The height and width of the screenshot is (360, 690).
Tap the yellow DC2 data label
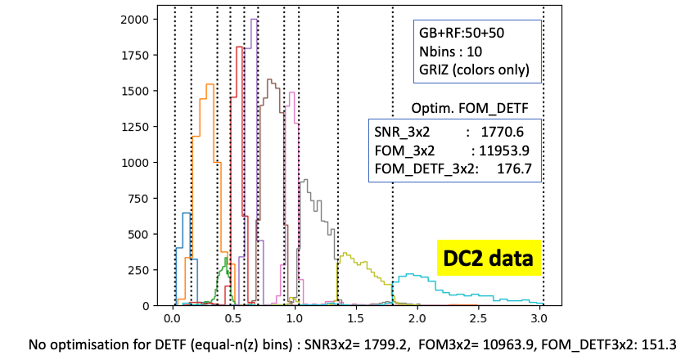point(487,259)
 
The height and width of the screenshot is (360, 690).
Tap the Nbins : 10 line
point(452,52)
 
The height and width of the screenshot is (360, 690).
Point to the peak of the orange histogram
point(210,84)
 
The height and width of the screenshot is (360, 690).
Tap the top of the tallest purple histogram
point(254,20)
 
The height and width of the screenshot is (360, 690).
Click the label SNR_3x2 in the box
point(402,131)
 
